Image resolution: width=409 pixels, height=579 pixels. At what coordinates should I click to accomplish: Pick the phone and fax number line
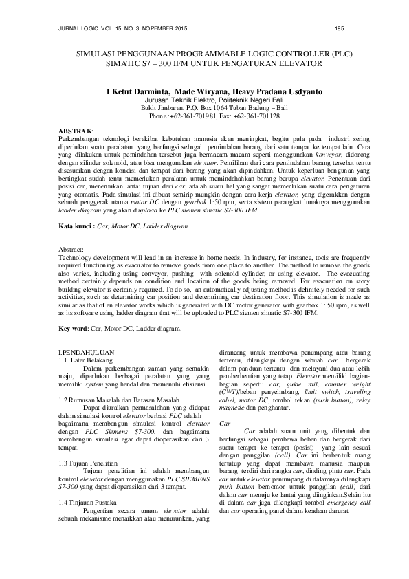point(205,117)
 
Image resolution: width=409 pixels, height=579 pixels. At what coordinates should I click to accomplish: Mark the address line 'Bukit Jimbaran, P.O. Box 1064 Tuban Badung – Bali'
point(204,108)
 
